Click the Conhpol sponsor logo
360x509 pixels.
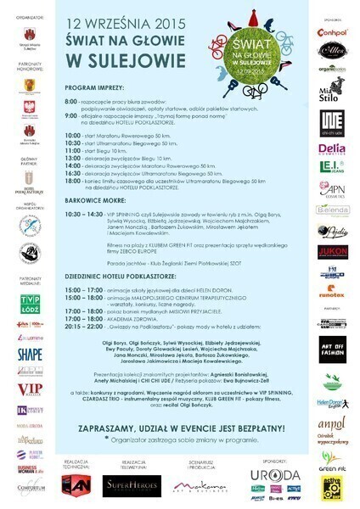point(331,33)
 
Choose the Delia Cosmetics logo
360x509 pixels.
point(331,148)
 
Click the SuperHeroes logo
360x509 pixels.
point(126,485)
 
